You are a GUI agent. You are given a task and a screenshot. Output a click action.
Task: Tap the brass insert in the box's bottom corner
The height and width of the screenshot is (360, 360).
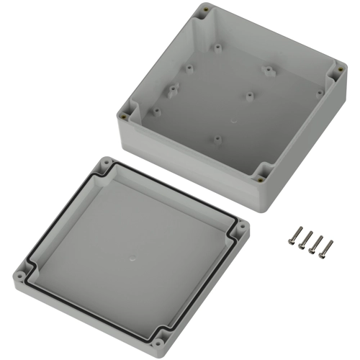pos(262,173)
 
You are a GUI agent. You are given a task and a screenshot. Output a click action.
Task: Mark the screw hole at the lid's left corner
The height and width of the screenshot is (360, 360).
pos(19,274)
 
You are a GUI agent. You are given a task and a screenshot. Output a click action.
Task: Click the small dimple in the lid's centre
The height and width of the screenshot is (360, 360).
pos(132,256)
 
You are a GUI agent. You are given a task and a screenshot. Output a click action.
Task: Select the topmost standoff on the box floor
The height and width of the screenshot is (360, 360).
pos(217,49)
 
